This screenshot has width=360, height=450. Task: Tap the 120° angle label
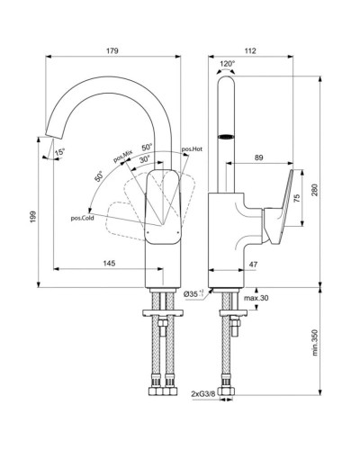point(227,65)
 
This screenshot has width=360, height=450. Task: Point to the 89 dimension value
point(259,159)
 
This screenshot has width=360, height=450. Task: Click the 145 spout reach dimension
point(109,264)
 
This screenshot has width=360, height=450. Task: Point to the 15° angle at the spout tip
point(59,153)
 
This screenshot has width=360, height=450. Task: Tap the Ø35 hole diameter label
point(192,294)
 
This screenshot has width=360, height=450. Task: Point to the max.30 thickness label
point(256,298)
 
